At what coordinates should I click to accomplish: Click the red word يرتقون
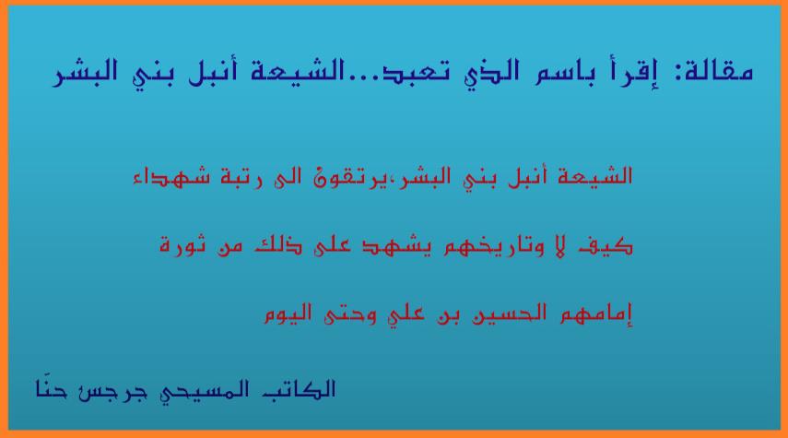[352, 178]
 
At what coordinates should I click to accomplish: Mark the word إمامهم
[596, 314]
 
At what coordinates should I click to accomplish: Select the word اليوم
[288, 314]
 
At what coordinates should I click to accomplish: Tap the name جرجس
[112, 392]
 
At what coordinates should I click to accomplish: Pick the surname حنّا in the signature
[51, 389]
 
